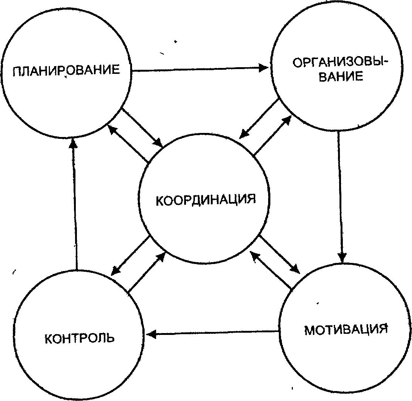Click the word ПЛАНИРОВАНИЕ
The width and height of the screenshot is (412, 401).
[x=67, y=70]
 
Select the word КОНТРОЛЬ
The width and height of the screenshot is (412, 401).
[x=80, y=337]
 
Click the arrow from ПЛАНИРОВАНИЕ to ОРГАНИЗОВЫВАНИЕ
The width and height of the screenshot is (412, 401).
[x=200, y=69]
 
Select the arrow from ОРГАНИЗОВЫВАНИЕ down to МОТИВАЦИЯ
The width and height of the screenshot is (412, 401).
[x=340, y=196]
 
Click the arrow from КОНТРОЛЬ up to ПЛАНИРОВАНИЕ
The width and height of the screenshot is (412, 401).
[x=75, y=203]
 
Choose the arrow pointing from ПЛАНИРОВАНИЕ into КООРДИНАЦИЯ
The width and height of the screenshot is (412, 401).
[x=142, y=127]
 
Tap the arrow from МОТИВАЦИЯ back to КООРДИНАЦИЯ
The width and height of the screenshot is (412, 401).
[x=270, y=270]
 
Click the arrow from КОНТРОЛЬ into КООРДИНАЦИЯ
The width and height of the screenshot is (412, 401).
[x=146, y=272]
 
